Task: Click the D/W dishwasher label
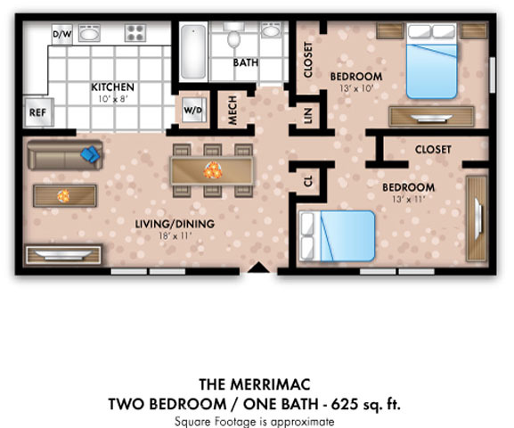point(62,34)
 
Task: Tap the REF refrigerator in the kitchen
point(38,112)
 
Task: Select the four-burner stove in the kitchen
point(135,32)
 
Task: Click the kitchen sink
point(89,33)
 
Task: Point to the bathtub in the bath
point(193,52)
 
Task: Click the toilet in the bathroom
point(233,36)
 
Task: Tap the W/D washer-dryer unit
point(193,110)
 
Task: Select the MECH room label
point(233,111)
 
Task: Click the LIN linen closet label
point(307,115)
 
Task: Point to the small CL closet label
point(308,181)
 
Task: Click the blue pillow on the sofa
point(90,154)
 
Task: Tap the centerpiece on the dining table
point(212,170)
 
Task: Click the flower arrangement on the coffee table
point(63,196)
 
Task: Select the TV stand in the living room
point(63,254)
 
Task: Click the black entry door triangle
point(258,267)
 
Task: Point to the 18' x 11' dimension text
point(175,235)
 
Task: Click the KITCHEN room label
point(113,87)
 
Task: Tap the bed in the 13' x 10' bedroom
point(432,61)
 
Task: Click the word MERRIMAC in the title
point(270,384)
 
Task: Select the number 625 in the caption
point(344,404)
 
